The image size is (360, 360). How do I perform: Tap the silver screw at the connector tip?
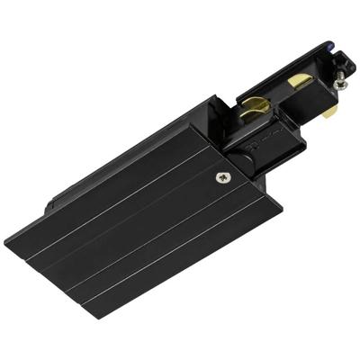click(339, 83)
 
